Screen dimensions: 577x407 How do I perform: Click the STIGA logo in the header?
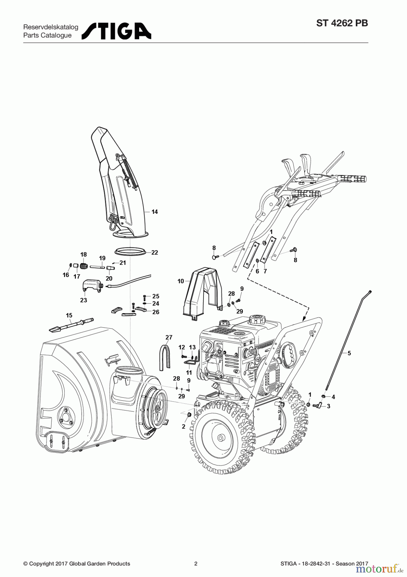pos(116,31)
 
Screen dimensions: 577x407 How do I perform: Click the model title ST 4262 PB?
pos(342,24)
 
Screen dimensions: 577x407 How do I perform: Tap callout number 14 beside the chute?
pos(155,212)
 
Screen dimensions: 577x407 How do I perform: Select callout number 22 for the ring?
pos(155,253)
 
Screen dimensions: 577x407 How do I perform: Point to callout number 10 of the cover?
pos(181,281)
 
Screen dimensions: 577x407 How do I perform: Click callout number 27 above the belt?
pos(169,337)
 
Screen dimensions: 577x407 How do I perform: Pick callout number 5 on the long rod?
pos(349,353)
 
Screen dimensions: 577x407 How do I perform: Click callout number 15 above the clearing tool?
pos(69,316)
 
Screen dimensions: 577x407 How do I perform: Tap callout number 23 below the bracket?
pos(84,300)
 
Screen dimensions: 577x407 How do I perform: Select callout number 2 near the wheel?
pos(184,427)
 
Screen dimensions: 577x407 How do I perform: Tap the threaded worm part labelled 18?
pos(84,266)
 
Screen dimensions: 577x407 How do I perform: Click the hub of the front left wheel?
pos(220,438)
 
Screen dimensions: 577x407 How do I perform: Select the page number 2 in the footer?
pos(196,564)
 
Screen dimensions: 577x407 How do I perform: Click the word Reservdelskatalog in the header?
pos(51,27)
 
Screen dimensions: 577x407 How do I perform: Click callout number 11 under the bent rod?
pos(189,372)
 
